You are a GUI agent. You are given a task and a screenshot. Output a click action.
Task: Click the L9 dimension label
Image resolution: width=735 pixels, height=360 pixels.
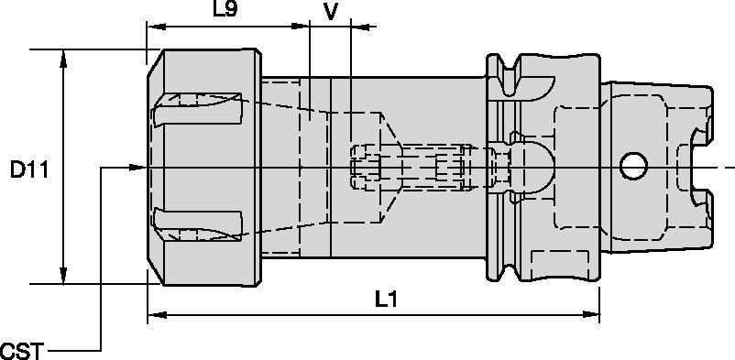(225, 9)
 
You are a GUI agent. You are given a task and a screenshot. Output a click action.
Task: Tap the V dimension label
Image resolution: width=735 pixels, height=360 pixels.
(331, 12)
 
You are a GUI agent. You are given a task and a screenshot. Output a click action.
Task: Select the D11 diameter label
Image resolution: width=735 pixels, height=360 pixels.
(29, 170)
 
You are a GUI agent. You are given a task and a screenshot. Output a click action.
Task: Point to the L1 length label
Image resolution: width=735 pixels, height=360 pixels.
(387, 300)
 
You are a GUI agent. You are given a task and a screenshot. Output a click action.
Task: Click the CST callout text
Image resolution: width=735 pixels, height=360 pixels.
(22, 351)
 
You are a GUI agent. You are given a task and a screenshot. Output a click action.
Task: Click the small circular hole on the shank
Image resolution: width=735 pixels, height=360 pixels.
(634, 167)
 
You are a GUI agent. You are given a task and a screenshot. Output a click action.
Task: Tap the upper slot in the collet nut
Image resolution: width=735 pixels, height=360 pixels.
(197, 109)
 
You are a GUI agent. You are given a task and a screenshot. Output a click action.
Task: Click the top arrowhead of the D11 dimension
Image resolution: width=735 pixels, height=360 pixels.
(63, 58)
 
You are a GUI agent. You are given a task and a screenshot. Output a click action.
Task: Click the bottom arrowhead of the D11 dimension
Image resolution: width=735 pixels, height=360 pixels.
(63, 275)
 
